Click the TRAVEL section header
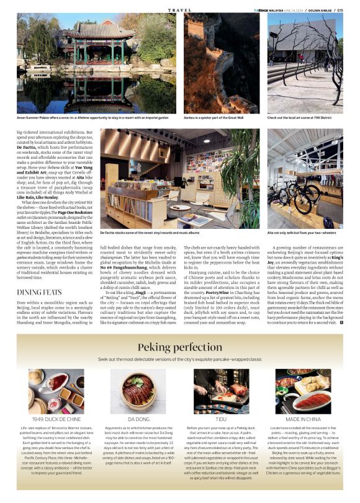[x=180, y=10]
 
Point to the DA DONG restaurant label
[x=139, y=419]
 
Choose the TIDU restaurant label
[x=222, y=419]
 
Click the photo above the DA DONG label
[x=139, y=391]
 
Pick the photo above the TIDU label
[x=222, y=391]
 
